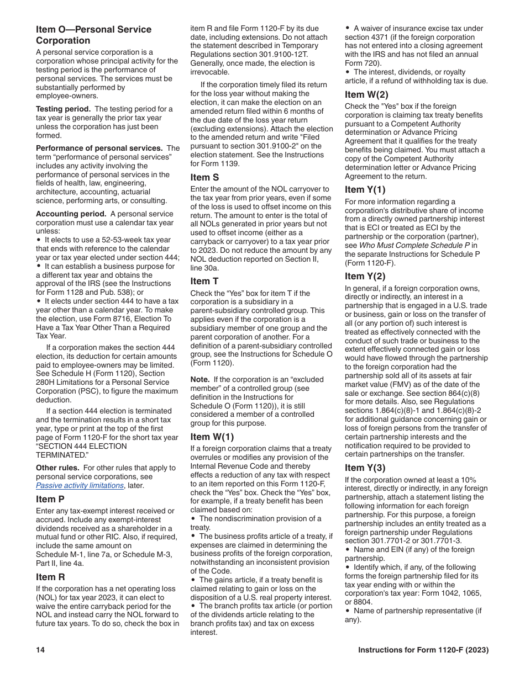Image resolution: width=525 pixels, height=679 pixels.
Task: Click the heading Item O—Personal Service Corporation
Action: pyautogui.click(x=93, y=35)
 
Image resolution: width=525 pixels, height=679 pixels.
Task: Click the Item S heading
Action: pyautogui.click(x=204, y=177)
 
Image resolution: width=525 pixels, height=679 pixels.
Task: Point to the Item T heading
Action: pyautogui.click(x=204, y=281)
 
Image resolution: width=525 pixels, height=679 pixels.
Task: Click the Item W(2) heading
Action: pyautogui.click(x=366, y=94)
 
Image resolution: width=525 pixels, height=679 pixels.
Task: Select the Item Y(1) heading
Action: pyautogui.click(x=365, y=189)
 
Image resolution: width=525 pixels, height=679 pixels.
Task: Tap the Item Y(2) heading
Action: pyautogui.click(x=365, y=276)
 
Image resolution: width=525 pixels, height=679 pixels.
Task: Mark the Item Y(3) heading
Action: pyautogui.click(x=365, y=468)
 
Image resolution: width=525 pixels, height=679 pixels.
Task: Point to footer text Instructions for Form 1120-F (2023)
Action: pyautogui.click(x=423, y=650)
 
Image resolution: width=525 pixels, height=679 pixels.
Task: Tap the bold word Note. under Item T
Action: pyautogui.click(x=200, y=379)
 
